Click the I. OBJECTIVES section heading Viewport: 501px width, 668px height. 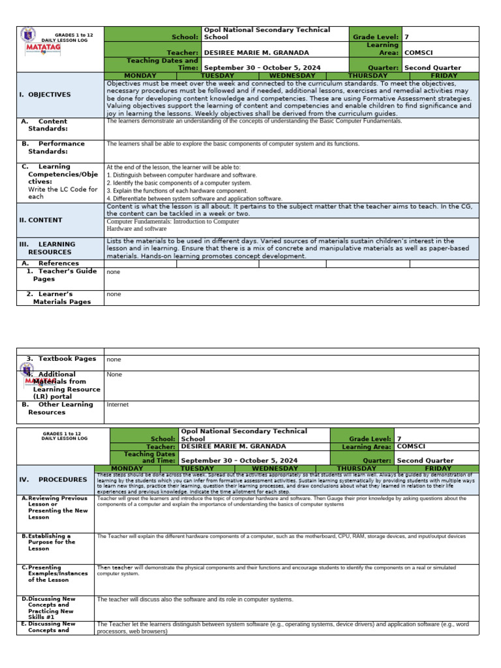(45, 95)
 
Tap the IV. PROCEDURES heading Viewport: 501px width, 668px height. (53, 479)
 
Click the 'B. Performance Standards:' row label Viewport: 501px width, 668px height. (53, 147)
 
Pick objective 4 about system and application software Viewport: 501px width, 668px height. (194, 198)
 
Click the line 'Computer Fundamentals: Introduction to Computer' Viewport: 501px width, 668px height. (173, 222)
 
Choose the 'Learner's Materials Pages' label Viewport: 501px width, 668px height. (58, 297)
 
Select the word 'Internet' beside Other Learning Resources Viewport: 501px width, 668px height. (117, 404)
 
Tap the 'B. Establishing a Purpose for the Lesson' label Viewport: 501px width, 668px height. (52, 541)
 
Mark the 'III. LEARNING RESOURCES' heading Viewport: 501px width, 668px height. (47, 248)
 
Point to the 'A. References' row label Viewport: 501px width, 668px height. (50, 264)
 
